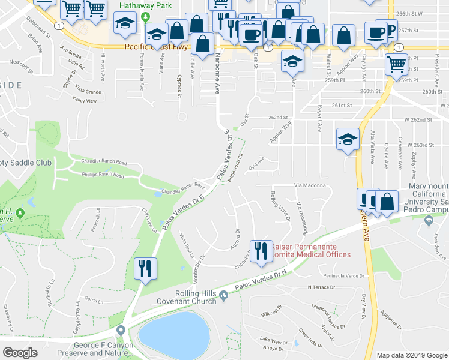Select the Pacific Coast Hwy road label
pyautogui.click(x=156, y=46)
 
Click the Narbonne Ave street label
pyautogui.click(x=217, y=76)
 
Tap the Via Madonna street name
pyautogui.click(x=309, y=185)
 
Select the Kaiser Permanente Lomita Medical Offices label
pyautogui.click(x=311, y=251)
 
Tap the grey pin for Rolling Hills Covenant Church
pyautogui.click(x=223, y=294)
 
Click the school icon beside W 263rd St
pyautogui.click(x=348, y=140)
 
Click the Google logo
pyautogui.click(x=20, y=353)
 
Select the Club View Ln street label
pyautogui.click(x=149, y=220)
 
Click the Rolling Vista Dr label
pyautogui.click(x=280, y=206)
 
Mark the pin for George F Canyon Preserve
pyautogui.click(x=121, y=330)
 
